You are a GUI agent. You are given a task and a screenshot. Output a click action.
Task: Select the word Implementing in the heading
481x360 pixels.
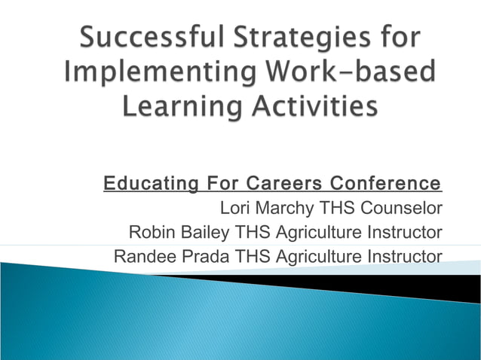click(146, 73)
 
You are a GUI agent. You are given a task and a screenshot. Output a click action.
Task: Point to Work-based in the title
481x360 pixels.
click(335, 73)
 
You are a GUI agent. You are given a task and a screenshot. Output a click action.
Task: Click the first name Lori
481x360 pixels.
click(233, 207)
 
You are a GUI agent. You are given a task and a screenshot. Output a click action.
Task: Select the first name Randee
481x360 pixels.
click(143, 256)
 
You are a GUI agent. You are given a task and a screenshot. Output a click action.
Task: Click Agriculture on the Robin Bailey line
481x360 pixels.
click(323, 231)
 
